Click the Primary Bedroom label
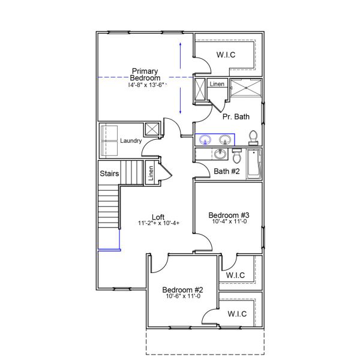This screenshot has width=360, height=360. [x=145, y=75]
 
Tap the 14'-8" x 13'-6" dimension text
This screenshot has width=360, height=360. [x=146, y=85]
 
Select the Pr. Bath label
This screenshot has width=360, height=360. [x=236, y=116]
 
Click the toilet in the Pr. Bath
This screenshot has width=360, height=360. [x=253, y=138]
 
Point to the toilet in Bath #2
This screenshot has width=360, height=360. [x=236, y=156]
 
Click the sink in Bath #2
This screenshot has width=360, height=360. [x=219, y=155]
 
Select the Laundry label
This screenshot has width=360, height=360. [x=130, y=141]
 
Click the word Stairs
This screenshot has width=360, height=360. [x=109, y=174]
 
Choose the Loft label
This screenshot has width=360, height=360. [x=158, y=217]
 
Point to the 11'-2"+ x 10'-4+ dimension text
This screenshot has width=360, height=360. [x=158, y=224]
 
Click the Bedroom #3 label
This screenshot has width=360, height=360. [x=229, y=215]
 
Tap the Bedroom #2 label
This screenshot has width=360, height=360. [x=182, y=289]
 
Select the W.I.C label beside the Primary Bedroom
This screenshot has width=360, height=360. [x=226, y=55]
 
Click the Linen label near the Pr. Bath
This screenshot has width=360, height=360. [x=217, y=85]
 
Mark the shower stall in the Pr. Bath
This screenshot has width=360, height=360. [x=245, y=88]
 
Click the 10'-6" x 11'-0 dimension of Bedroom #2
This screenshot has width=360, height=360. [x=183, y=296]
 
